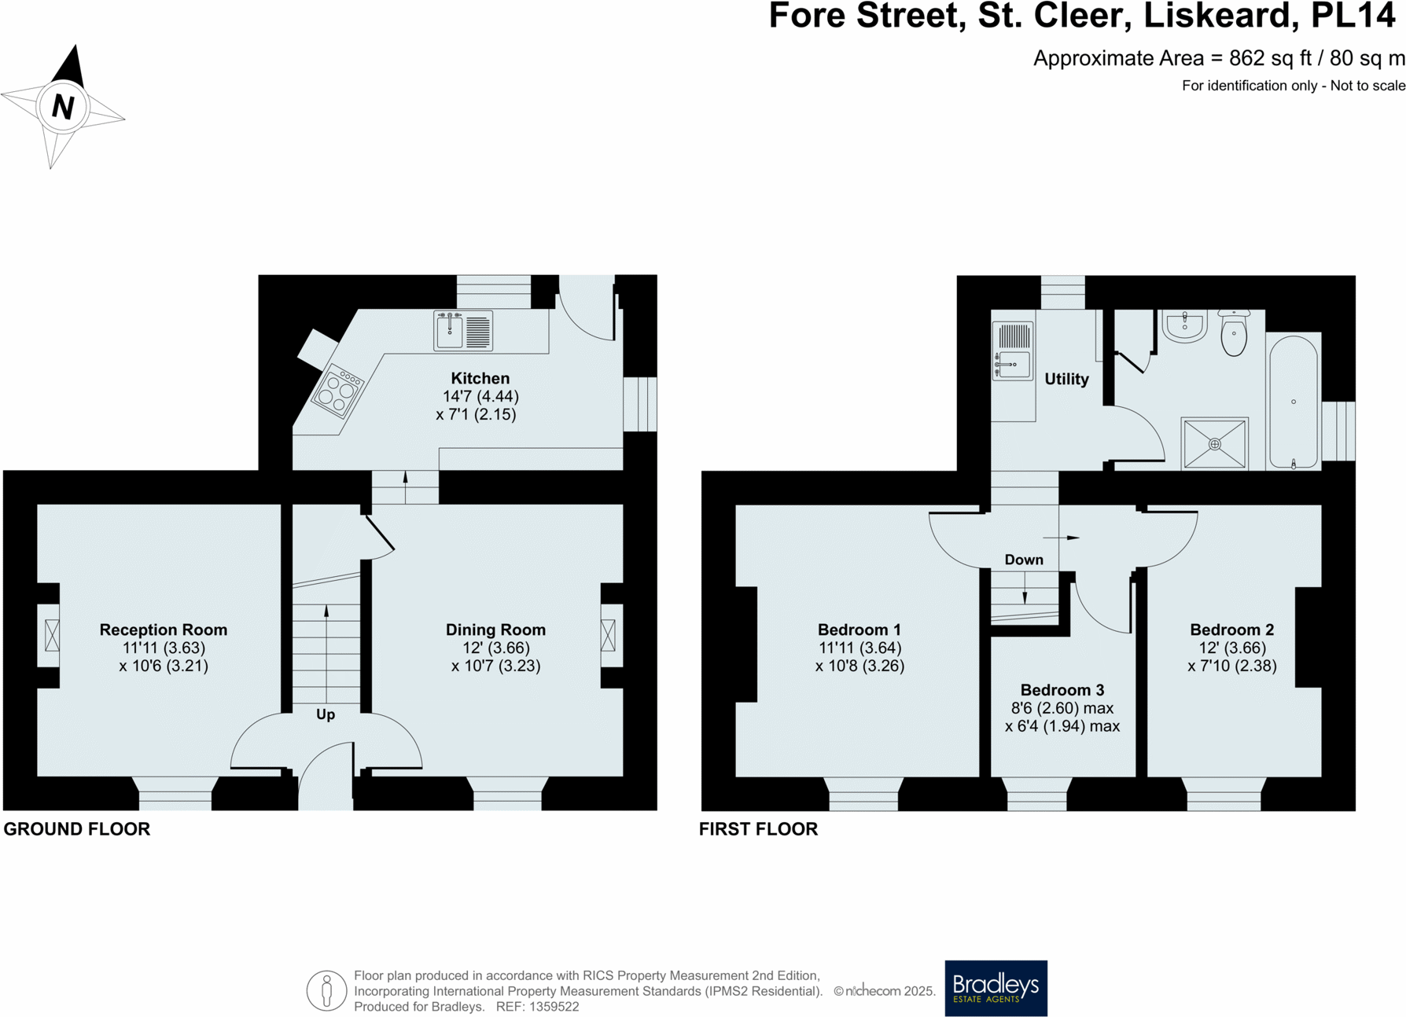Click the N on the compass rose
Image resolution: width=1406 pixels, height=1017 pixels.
[63, 106]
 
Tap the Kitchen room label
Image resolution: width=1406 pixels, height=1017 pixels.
[480, 378]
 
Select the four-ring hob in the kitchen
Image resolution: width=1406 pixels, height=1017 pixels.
[338, 391]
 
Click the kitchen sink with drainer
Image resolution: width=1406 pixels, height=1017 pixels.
[463, 330]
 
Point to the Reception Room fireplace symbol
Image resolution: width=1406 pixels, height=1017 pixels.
[52, 635]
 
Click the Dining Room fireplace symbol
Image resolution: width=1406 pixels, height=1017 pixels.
[608, 635]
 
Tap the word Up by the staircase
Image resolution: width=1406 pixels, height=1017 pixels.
[326, 714]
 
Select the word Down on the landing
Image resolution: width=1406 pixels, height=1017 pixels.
[1023, 560]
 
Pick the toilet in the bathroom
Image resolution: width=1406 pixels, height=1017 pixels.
[1234, 332]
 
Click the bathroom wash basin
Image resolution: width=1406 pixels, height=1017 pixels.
[1184, 325]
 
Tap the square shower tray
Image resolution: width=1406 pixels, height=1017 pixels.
[1214, 444]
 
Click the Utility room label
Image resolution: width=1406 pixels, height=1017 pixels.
[1066, 379]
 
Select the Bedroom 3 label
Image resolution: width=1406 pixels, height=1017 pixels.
[1062, 690]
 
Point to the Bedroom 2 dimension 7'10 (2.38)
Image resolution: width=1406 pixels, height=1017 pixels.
[1231, 666]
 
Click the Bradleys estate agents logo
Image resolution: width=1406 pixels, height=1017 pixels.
[996, 987]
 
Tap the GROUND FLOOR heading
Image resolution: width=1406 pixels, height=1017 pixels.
[77, 829]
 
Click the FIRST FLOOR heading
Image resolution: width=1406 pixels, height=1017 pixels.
[758, 829]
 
